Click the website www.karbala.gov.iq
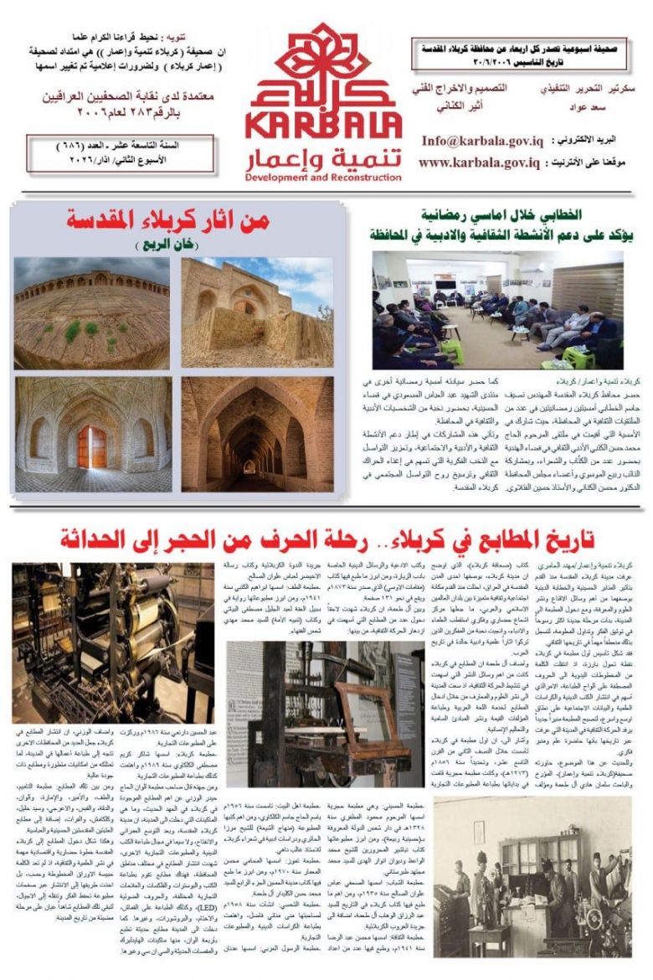click(478, 162)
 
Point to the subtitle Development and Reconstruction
click(326, 178)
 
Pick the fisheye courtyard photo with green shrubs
click(91, 312)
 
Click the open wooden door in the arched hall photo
click(93, 447)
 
